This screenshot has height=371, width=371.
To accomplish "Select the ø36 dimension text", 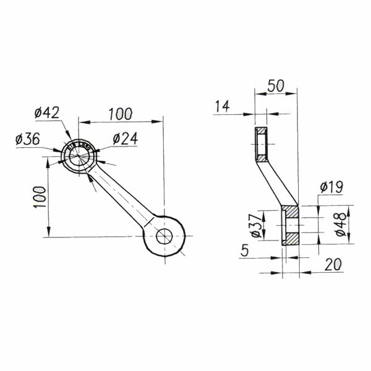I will [28, 140].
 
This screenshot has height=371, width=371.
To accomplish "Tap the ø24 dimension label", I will [125, 139].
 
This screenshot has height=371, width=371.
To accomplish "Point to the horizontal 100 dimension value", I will [120, 114].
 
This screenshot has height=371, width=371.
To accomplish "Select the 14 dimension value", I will [222, 106].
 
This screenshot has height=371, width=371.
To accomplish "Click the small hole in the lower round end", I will [164, 236].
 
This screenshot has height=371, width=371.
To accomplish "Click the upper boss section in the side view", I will [262, 144].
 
